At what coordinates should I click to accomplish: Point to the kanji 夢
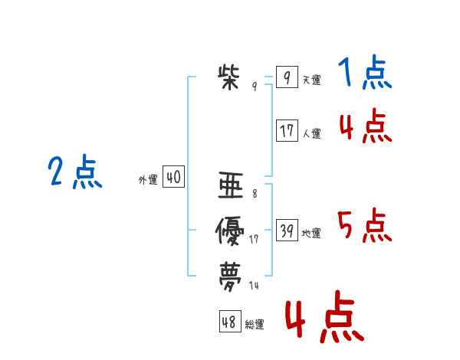click(x=230, y=274)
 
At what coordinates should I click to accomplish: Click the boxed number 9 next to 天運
click(x=286, y=77)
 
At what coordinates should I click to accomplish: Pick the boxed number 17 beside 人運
click(x=287, y=131)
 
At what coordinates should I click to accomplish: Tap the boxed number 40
click(x=173, y=178)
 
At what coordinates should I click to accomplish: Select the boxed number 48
click(x=229, y=322)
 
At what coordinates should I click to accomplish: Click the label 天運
click(x=311, y=80)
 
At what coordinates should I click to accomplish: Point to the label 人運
click(x=311, y=133)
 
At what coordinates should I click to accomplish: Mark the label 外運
click(x=148, y=180)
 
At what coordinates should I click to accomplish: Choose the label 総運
click(x=255, y=325)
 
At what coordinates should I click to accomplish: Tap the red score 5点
click(x=364, y=226)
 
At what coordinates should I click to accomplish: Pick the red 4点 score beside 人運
click(x=365, y=126)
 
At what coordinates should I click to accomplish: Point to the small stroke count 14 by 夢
click(x=255, y=286)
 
